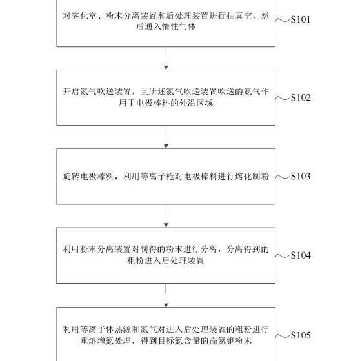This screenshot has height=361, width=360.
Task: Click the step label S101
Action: (300, 19)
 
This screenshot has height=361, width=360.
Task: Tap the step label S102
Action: (301, 97)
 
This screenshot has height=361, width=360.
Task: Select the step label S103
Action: (301, 176)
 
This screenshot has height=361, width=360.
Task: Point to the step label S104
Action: (301, 255)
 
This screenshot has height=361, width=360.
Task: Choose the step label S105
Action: (301, 335)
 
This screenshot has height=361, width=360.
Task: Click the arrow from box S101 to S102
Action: (166, 58)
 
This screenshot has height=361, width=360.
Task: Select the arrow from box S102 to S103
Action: (166, 137)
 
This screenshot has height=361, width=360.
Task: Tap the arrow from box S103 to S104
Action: (166, 216)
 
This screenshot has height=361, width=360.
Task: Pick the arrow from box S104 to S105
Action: (166, 295)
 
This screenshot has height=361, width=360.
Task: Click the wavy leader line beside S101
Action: (283, 20)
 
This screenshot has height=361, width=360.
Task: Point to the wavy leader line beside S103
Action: (283, 177)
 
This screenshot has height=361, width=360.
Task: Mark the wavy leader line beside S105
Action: (283, 336)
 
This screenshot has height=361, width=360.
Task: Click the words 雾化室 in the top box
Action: (84, 16)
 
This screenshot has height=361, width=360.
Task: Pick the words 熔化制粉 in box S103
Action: (252, 177)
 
